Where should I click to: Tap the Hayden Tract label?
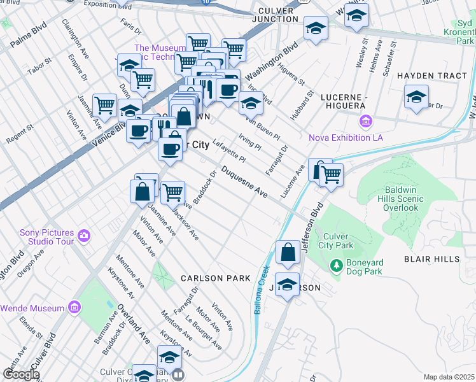click(x=432, y=76)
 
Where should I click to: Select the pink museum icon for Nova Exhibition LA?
click(x=366, y=121)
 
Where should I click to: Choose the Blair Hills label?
click(x=431, y=259)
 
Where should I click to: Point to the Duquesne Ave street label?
click(x=244, y=182)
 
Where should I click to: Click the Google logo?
click(x=21, y=374)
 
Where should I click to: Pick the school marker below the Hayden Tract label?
click(x=416, y=98)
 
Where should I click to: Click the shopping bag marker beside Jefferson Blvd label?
click(x=288, y=251)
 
